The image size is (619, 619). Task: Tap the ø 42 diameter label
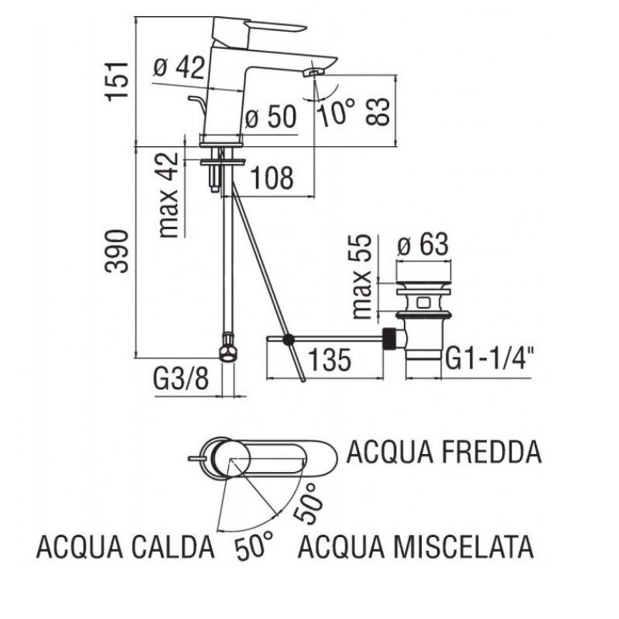[x=179, y=67]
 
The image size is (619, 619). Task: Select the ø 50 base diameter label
[x=270, y=118]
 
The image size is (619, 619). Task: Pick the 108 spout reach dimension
[x=270, y=177]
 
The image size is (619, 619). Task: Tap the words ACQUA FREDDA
[x=444, y=451]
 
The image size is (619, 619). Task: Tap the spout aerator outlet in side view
[x=312, y=72]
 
